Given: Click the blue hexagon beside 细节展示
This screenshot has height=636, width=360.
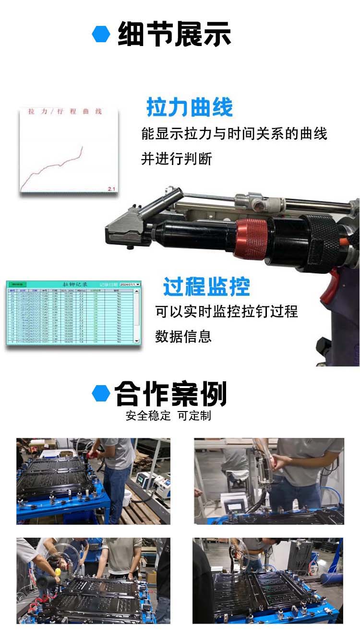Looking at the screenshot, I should (101, 34).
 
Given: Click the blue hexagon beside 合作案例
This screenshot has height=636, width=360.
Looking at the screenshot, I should (101, 393).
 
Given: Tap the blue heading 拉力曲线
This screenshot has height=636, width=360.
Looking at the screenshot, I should (189, 107).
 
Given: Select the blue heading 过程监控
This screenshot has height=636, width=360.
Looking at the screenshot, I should (206, 286).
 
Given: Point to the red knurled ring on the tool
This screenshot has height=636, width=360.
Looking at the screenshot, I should (251, 238).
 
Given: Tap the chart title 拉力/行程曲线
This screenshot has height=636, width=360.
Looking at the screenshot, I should (65, 112).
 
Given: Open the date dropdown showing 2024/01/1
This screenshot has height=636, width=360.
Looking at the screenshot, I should (130, 284).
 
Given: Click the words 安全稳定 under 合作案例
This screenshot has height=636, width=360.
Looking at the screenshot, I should (148, 416).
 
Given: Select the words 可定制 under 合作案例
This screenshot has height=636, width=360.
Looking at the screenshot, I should (194, 416).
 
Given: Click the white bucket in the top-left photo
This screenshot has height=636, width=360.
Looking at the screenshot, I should (127, 497).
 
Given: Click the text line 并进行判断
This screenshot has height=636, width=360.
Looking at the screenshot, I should (177, 159).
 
